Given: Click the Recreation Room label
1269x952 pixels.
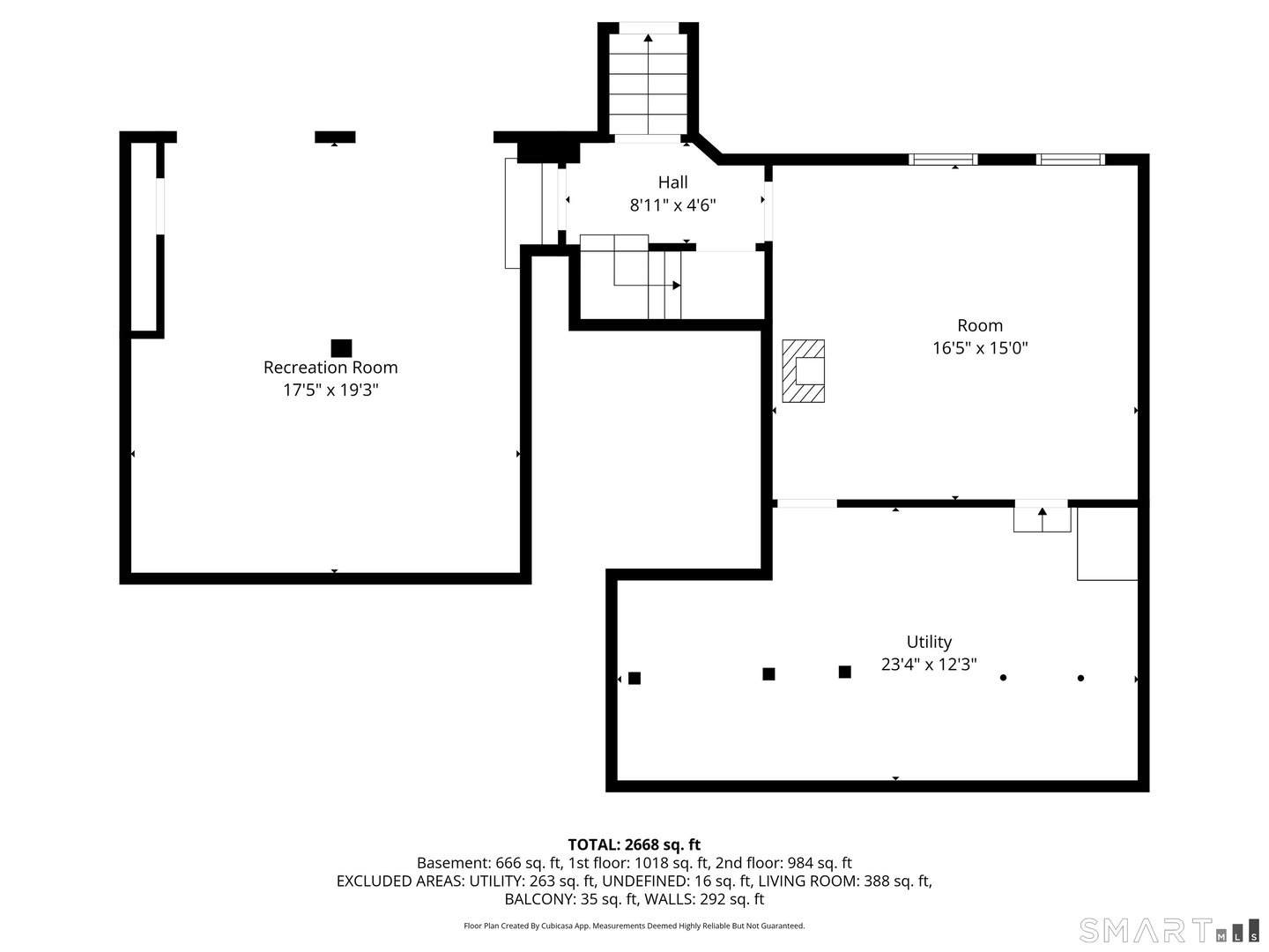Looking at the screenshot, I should click(x=330, y=368).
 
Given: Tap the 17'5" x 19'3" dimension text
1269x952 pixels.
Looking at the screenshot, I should click(x=330, y=390).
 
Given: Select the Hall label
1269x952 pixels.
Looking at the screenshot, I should click(x=672, y=182).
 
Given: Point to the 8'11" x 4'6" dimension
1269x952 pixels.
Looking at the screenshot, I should click(x=672, y=205).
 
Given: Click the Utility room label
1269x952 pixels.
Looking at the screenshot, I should click(x=929, y=642).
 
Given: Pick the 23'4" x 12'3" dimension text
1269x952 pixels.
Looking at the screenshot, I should click(x=929, y=665).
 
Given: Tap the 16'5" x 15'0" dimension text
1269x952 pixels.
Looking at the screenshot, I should click(x=980, y=348).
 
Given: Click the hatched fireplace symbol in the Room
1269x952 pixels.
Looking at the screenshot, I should click(x=804, y=371).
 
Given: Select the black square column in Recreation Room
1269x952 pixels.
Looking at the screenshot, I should click(x=341, y=348).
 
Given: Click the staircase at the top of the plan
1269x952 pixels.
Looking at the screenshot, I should click(x=649, y=84).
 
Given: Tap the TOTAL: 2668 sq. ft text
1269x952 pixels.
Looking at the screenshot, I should click(x=634, y=844).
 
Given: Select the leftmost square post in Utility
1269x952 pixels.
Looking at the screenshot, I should click(x=634, y=678).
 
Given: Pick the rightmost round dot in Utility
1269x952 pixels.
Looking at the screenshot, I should click(x=1080, y=678).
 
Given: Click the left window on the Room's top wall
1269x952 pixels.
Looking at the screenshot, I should click(x=943, y=160).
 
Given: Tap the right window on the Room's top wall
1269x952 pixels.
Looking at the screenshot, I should click(x=1070, y=160).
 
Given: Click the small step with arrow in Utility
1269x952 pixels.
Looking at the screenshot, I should click(x=1042, y=517).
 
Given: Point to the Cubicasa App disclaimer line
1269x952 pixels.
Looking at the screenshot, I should click(x=634, y=926).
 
